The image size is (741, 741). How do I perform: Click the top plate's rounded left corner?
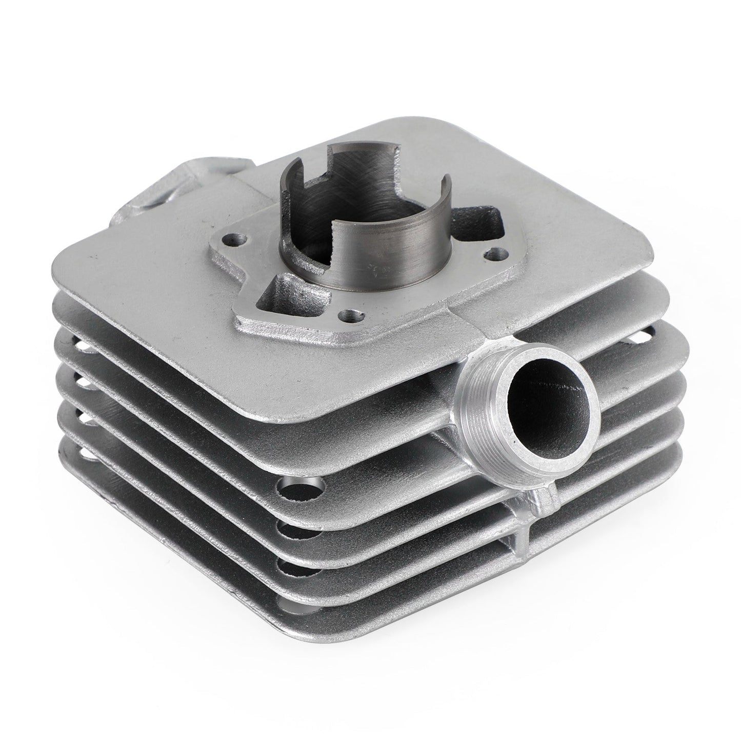tap(77, 295)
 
